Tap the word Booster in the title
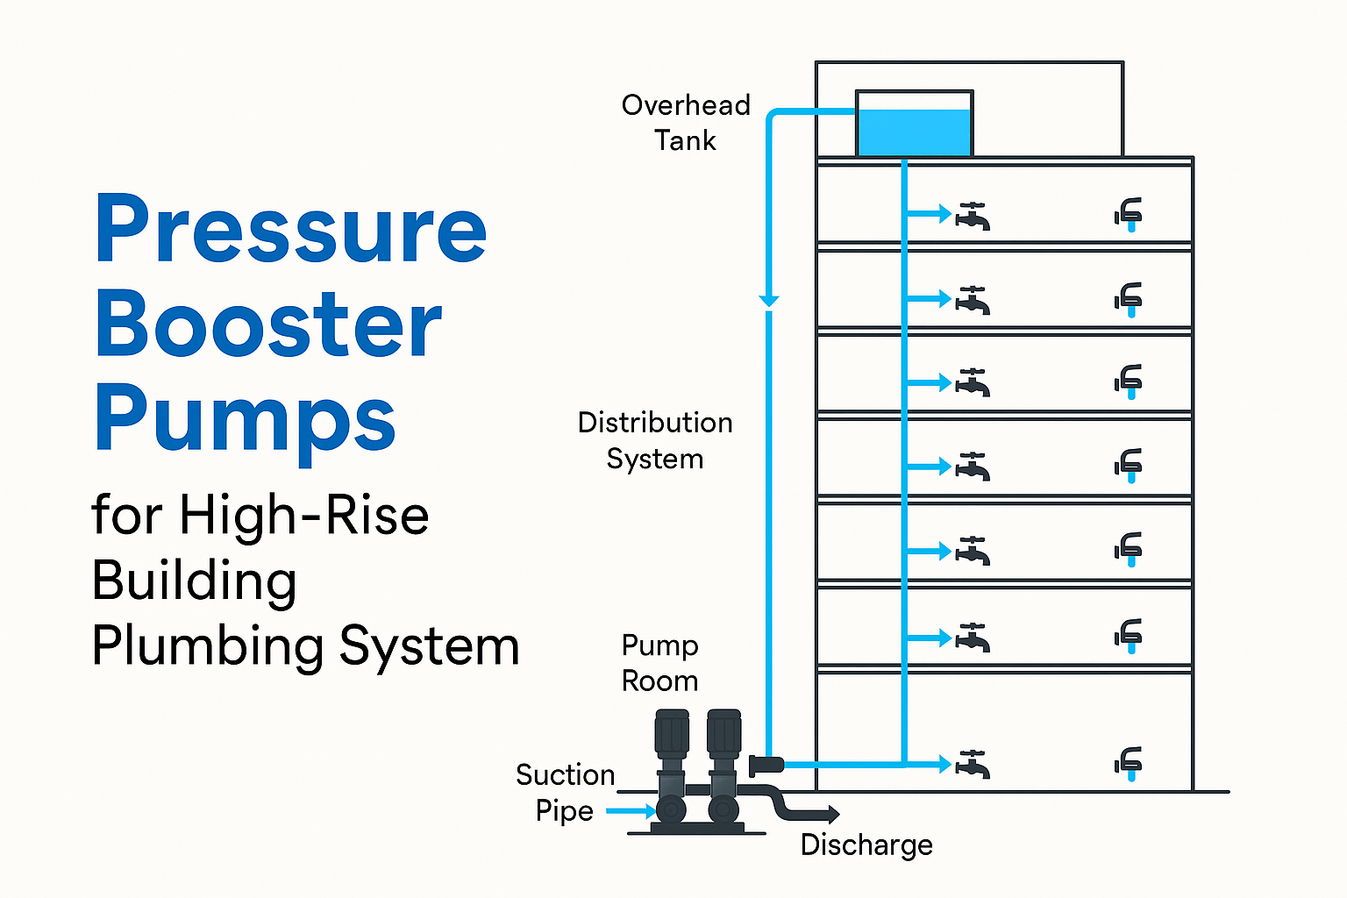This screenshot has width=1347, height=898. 267,324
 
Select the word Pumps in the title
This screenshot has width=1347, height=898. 245,419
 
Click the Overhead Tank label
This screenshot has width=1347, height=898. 686,123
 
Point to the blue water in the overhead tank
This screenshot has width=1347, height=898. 914,133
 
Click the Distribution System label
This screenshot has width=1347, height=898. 655,440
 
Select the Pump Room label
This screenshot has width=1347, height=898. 659,663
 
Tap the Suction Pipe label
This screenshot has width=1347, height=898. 565,793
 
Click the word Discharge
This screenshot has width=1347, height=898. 866,845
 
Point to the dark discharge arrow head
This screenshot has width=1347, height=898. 830,815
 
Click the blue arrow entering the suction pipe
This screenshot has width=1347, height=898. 631,811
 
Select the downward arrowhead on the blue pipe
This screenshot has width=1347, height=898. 769,301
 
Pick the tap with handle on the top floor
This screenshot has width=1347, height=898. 973,216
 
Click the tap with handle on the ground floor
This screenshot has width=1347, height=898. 973,765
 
